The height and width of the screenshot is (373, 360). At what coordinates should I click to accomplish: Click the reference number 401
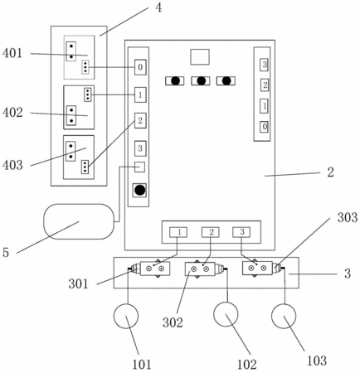pyautogui.click(x=12, y=53)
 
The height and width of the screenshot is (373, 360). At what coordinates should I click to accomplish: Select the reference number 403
pyautogui.click(x=12, y=165)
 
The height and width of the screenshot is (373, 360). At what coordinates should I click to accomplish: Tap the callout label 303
pyautogui.click(x=348, y=217)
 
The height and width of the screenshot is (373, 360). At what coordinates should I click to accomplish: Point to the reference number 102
pyautogui.click(x=247, y=365)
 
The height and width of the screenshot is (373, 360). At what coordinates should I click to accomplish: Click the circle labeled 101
pyautogui.click(x=126, y=316)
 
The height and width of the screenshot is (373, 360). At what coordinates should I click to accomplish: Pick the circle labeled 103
pyautogui.click(x=284, y=316)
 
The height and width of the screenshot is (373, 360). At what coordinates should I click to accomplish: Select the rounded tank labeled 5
pyautogui.click(x=79, y=221)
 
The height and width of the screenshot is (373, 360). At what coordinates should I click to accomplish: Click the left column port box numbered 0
pyautogui.click(x=140, y=67)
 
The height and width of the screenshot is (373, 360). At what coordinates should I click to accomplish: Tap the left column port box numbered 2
pyautogui.click(x=140, y=120)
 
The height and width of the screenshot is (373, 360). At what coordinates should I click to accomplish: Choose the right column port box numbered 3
pyautogui.click(x=264, y=65)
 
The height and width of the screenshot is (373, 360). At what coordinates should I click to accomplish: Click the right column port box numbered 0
pyautogui.click(x=264, y=127)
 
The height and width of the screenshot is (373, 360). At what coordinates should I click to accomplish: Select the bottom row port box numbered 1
pyautogui.click(x=178, y=232)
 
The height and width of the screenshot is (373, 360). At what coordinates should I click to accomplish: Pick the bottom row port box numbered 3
pyautogui.click(x=241, y=232)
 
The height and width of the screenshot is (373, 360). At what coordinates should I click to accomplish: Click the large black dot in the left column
pyautogui.click(x=139, y=190)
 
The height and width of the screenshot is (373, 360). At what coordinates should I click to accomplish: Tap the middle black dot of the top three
pyautogui.click(x=201, y=80)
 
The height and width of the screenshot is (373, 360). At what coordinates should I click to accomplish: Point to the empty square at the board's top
pyautogui.click(x=200, y=57)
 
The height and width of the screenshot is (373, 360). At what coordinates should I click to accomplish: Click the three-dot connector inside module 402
pyautogui.click(x=88, y=94)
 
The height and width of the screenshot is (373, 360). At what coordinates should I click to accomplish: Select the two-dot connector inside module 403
pyautogui.click(x=71, y=151)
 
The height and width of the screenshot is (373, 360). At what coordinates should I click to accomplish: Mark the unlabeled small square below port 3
pyautogui.click(x=139, y=167)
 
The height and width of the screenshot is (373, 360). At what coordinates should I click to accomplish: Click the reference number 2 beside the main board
pyautogui.click(x=330, y=172)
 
